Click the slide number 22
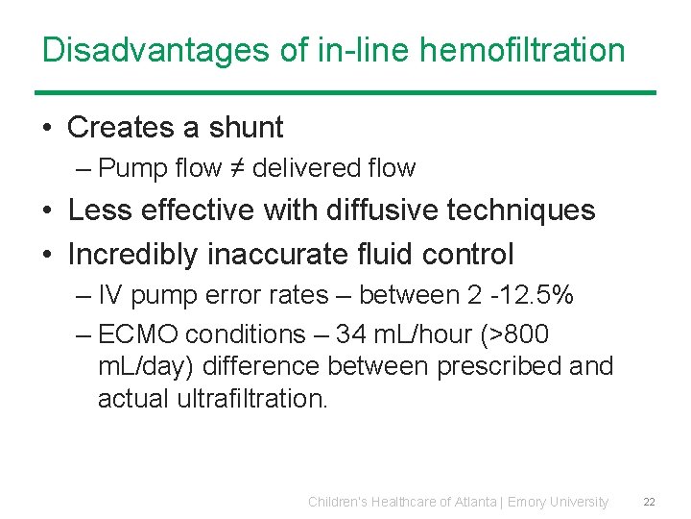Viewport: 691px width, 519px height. click(x=649, y=502)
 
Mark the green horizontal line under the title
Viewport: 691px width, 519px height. click(x=345, y=92)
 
